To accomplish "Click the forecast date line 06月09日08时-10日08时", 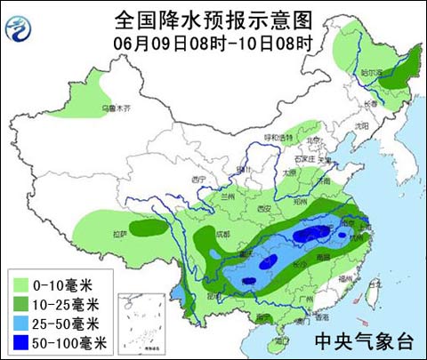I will pyautogui.click(x=213, y=40).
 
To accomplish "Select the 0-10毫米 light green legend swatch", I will pyautogui.click(x=20, y=285).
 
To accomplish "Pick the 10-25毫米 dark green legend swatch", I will pyautogui.click(x=20, y=304).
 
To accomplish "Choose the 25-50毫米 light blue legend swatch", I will pyautogui.click(x=20, y=323).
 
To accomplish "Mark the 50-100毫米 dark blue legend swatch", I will pyautogui.click(x=20, y=341).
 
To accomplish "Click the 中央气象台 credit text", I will pyautogui.click(x=364, y=340).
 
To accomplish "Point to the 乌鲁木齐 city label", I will pyautogui.click(x=114, y=108).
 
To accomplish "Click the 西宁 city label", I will pyautogui.click(x=198, y=179).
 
